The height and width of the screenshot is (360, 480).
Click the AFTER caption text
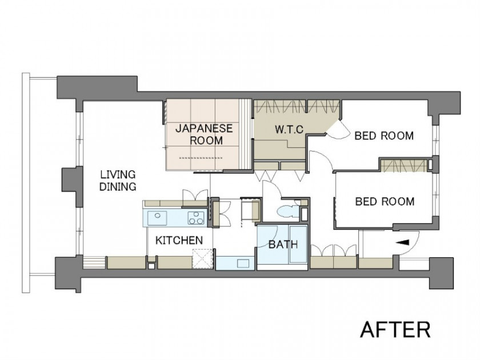click(x=395, y=329)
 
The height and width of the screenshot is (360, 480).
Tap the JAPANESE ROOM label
click(x=204, y=134)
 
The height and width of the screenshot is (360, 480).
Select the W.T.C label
click(x=289, y=129)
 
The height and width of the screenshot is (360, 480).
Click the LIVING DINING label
click(x=118, y=181)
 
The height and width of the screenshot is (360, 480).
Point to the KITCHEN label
click(x=179, y=241)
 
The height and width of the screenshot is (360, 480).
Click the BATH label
click(x=283, y=245)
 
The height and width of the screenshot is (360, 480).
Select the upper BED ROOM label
click(x=384, y=135)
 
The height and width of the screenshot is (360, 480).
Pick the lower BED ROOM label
click(x=385, y=201)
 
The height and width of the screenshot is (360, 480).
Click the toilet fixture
click(x=287, y=211)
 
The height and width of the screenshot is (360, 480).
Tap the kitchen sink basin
click(x=157, y=218)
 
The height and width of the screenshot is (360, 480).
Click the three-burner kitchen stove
click(x=196, y=218)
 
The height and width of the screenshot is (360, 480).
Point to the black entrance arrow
click(x=402, y=242)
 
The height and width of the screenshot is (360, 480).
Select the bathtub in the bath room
click(x=298, y=245)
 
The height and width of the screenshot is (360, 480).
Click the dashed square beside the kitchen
click(x=202, y=259)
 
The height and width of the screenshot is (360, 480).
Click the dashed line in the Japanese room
click(x=201, y=158)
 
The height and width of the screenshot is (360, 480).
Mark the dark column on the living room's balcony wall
click(x=72, y=186)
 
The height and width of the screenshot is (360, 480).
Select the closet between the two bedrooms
click(x=403, y=165)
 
